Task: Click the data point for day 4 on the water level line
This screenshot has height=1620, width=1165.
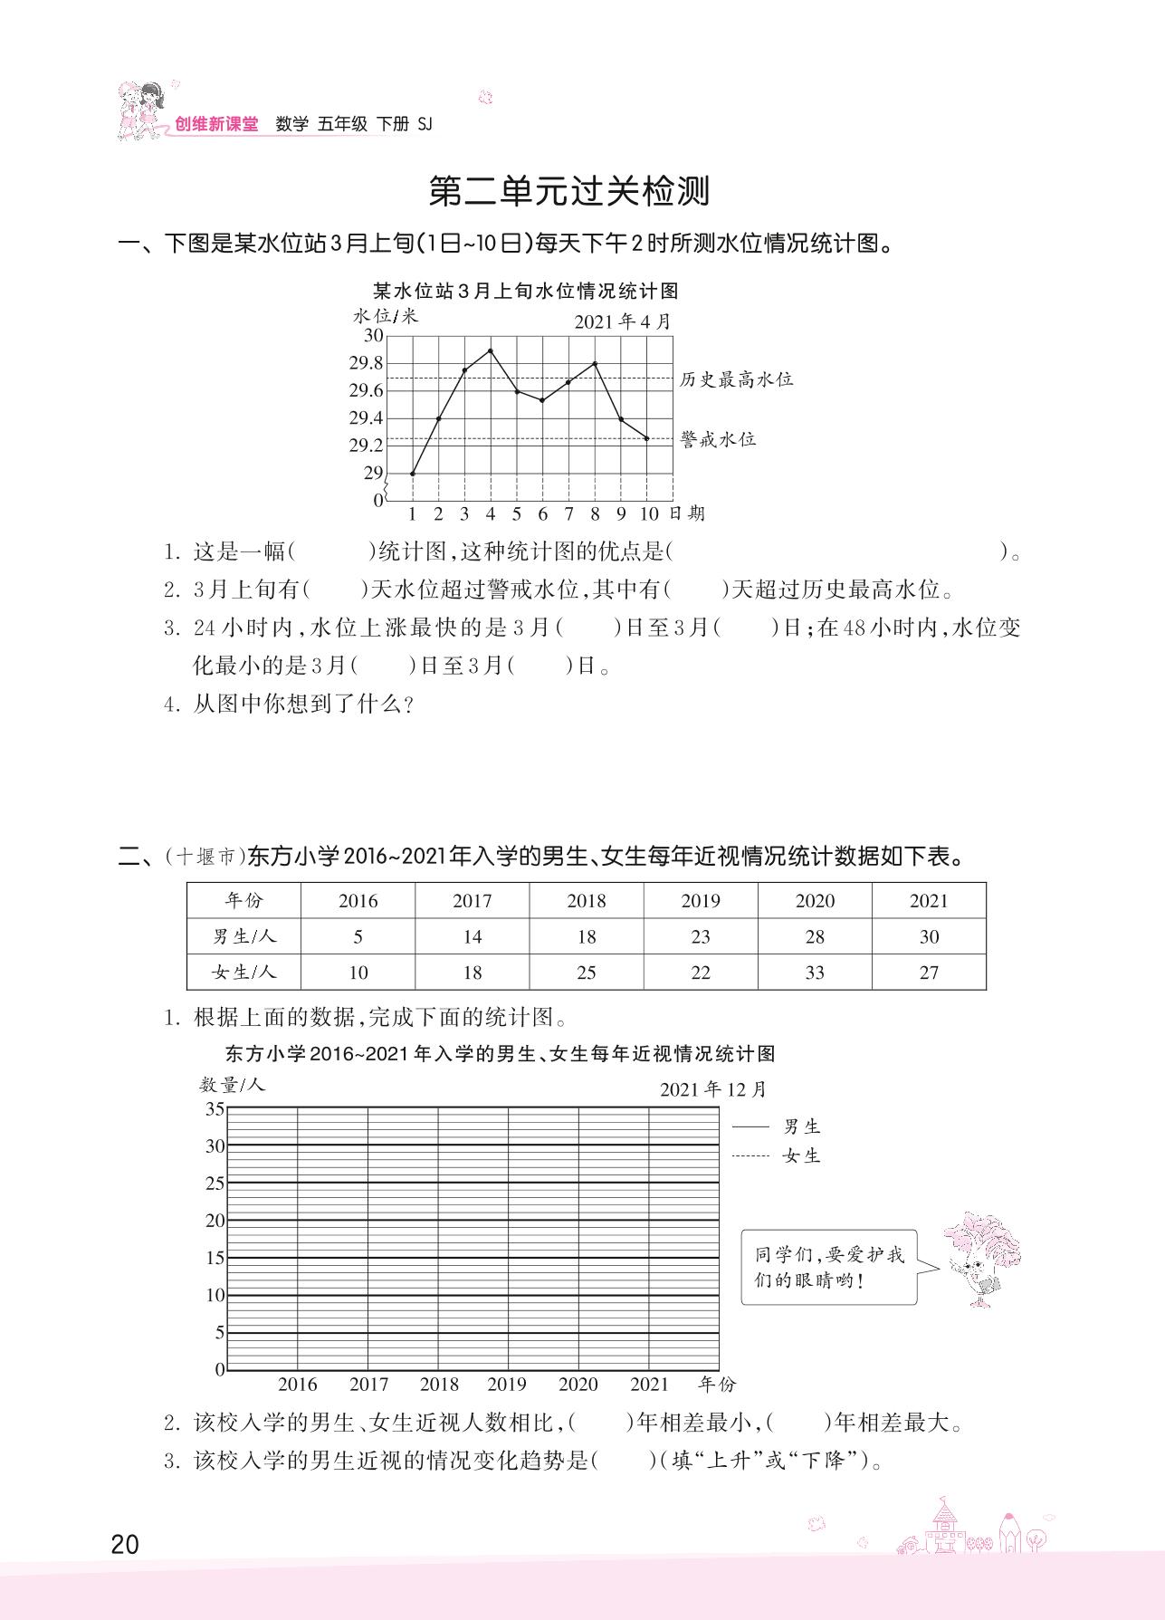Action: pyautogui.click(x=491, y=350)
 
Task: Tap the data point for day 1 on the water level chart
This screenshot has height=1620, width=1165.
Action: pyautogui.click(x=413, y=474)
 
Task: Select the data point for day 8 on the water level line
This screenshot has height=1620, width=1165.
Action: pyautogui.click(x=595, y=363)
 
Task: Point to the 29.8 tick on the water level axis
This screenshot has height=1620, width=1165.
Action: pyautogui.click(x=367, y=363)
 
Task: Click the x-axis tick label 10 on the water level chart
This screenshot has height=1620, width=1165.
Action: pyautogui.click(x=649, y=514)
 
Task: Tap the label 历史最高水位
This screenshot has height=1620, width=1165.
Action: pyautogui.click(x=736, y=379)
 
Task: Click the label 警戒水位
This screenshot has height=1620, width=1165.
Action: pyautogui.click(x=718, y=439)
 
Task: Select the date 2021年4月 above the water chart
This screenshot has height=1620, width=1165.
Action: pyautogui.click(x=624, y=321)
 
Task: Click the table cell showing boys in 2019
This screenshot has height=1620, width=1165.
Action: pyautogui.click(x=701, y=937)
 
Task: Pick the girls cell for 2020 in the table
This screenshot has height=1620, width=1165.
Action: pyautogui.click(x=815, y=973)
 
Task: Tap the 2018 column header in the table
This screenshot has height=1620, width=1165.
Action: pyautogui.click(x=587, y=901)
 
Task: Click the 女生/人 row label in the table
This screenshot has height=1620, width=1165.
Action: pyautogui.click(x=244, y=973)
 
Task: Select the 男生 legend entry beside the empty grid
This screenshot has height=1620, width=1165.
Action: pyautogui.click(x=801, y=1126)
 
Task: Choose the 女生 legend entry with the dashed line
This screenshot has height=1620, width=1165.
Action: pyautogui.click(x=801, y=1155)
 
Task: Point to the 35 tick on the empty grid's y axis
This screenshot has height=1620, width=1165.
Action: pyautogui.click(x=215, y=1109)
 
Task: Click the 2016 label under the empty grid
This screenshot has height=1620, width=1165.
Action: pyautogui.click(x=298, y=1385)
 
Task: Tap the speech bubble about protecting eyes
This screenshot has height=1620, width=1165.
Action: pyautogui.click(x=828, y=1267)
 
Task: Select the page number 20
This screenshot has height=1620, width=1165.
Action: pyautogui.click(x=125, y=1543)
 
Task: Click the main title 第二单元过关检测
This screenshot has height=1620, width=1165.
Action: pyautogui.click(x=569, y=192)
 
